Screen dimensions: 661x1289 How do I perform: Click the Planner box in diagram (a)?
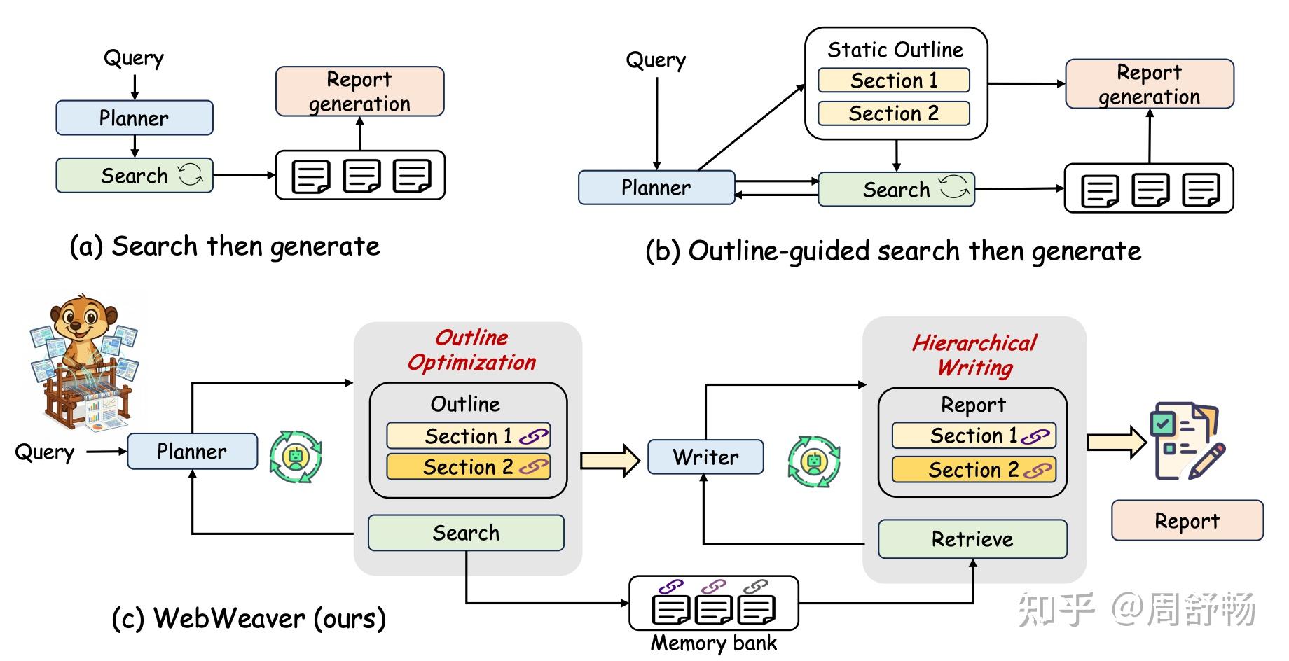point(134,118)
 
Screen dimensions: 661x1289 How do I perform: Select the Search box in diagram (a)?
point(134,175)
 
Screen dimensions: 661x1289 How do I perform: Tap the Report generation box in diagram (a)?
point(359,91)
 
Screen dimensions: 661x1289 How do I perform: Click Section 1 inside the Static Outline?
point(893,81)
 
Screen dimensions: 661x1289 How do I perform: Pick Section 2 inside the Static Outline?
point(893,113)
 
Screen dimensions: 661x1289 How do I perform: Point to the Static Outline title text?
point(895,50)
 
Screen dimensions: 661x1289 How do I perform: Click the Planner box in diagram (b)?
point(656,188)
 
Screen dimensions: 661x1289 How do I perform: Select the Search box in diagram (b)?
point(896,189)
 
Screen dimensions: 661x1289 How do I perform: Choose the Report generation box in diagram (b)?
point(1149,84)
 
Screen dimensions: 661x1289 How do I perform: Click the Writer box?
point(705,457)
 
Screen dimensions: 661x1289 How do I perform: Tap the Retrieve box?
point(972,538)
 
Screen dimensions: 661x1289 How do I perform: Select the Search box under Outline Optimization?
point(466,533)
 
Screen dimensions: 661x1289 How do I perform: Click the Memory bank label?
point(713,643)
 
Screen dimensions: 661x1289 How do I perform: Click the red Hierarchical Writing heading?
point(974,355)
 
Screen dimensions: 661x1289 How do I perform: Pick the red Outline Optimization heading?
point(471,350)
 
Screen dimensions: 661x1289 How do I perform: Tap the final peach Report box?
point(1187,520)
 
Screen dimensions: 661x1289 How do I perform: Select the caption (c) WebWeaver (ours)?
point(249,618)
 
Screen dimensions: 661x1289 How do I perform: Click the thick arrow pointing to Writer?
point(610,460)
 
